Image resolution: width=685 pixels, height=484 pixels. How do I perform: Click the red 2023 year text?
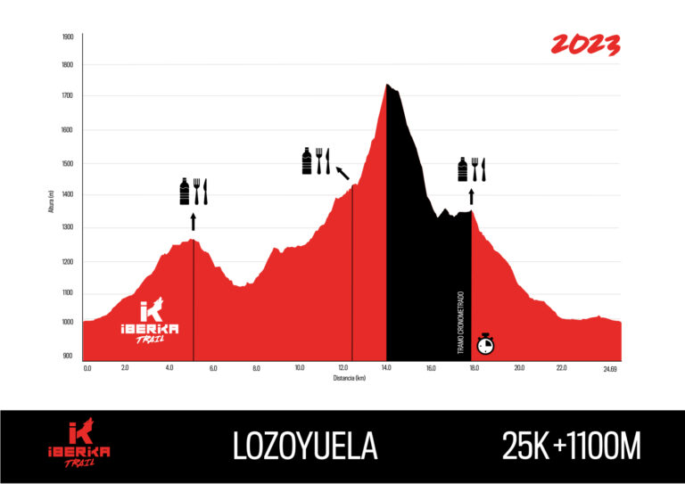pyautogui.click(x=585, y=45)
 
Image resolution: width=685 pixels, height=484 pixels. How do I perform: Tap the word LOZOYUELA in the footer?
pyautogui.click(x=305, y=447)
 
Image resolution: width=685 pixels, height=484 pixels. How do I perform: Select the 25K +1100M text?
pyautogui.click(x=571, y=447)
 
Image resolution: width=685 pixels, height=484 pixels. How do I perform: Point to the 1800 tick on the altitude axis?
pyautogui.click(x=68, y=65)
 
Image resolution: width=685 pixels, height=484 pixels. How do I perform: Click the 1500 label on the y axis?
pyautogui.click(x=68, y=164)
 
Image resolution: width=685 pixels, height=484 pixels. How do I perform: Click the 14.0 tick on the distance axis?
pyautogui.click(x=386, y=368)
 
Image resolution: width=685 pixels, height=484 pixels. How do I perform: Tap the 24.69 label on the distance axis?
pyautogui.click(x=610, y=368)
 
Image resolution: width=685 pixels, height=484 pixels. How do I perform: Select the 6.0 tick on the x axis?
pyautogui.click(x=213, y=368)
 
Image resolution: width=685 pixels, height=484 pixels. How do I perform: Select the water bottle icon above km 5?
pyautogui.click(x=185, y=191)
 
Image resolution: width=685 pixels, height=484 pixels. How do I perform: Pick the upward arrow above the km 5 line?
pyautogui.click(x=194, y=221)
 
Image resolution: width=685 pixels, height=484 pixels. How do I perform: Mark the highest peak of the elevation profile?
pyautogui.click(x=387, y=85)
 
